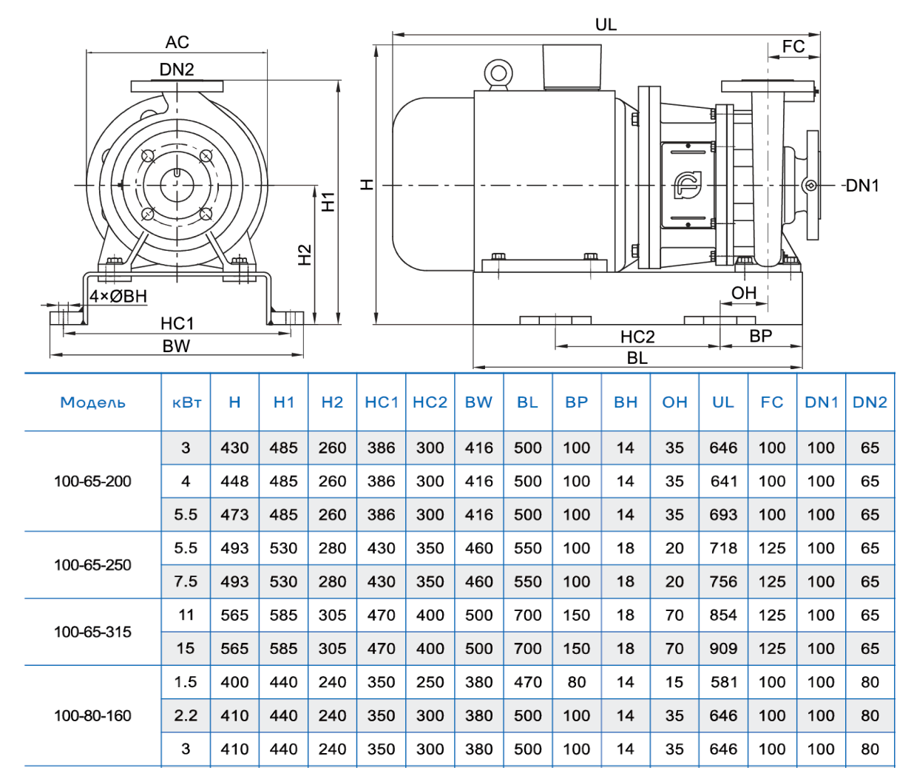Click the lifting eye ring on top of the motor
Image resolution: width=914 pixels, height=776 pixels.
[x=498, y=74]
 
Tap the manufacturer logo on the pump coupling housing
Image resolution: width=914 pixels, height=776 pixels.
[x=688, y=184]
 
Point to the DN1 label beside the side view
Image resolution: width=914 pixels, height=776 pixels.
[x=861, y=186]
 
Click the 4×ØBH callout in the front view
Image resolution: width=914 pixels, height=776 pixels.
[x=118, y=297]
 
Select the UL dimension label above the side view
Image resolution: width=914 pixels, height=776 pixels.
[x=606, y=24]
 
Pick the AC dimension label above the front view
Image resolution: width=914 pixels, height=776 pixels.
[x=177, y=42]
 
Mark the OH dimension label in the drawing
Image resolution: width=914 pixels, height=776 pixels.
[x=744, y=293]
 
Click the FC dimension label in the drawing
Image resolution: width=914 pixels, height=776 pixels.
[x=793, y=47]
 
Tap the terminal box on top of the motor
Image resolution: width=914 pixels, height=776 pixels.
[x=572, y=67]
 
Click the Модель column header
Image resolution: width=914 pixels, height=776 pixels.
[x=92, y=402]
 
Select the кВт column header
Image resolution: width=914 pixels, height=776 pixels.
[x=186, y=402]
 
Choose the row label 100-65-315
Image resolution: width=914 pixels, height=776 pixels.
[x=92, y=632]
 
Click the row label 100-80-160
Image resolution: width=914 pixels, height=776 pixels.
[x=92, y=715]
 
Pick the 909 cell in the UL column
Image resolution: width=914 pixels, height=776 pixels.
[x=723, y=649]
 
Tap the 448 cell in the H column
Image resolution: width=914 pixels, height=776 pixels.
[x=234, y=482]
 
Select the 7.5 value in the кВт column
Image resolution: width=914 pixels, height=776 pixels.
[x=186, y=581]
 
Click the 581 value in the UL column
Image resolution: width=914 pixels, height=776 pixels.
[x=723, y=682]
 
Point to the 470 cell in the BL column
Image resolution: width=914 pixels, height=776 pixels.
[x=528, y=682]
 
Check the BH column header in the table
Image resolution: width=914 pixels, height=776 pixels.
[x=626, y=402]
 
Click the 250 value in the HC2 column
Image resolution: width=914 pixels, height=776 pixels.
[x=430, y=682]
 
